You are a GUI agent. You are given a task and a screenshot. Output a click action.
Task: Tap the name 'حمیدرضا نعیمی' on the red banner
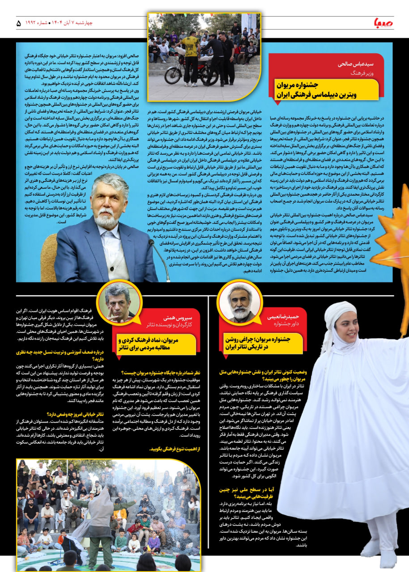(x=279, y=317)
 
